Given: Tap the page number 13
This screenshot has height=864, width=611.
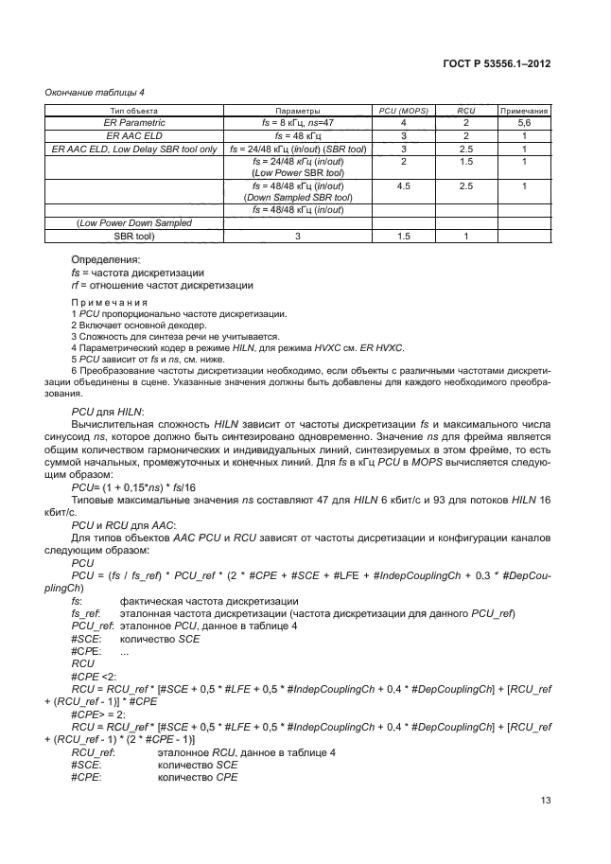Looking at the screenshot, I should pos(546,801).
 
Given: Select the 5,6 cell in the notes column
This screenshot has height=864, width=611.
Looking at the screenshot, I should pos(524,123).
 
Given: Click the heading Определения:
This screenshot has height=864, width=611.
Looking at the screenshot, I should pos(106,259).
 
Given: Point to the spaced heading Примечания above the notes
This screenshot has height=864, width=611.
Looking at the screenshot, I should pos(113,303).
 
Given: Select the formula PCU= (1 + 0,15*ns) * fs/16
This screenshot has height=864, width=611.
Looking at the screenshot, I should pos(136,485).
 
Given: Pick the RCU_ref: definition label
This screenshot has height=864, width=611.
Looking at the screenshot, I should pos(93,751).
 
